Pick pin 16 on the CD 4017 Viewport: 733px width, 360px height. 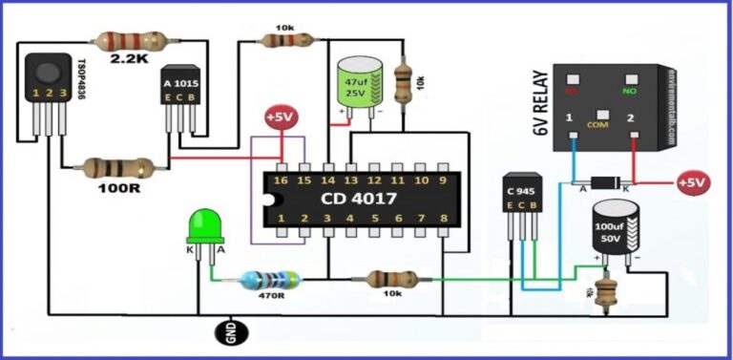(x=281, y=180)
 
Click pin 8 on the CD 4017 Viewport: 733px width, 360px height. (x=443, y=220)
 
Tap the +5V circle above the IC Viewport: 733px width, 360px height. (x=282, y=118)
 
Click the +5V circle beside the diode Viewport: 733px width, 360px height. (x=694, y=181)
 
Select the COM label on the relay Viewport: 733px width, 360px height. (x=599, y=124)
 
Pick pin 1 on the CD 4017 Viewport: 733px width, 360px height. (x=281, y=220)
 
